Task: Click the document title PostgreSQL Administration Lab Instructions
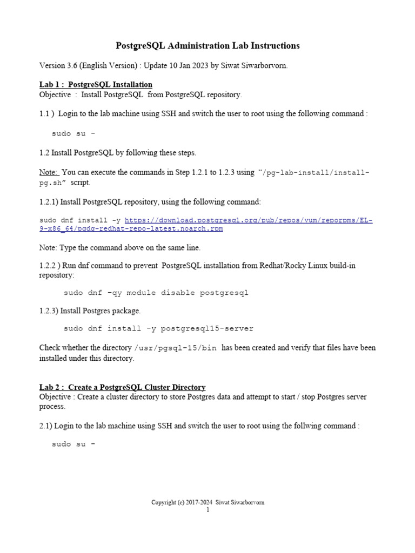point(207,46)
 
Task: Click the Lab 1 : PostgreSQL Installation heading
point(96,85)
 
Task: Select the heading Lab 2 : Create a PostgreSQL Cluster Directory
point(122,387)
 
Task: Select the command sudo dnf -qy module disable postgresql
point(156,293)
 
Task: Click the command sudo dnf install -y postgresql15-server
point(158,328)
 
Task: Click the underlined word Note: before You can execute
point(49,172)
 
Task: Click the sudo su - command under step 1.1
point(73,133)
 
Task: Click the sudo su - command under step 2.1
point(73,444)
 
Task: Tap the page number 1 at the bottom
point(207,510)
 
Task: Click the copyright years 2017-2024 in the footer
point(200,503)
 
